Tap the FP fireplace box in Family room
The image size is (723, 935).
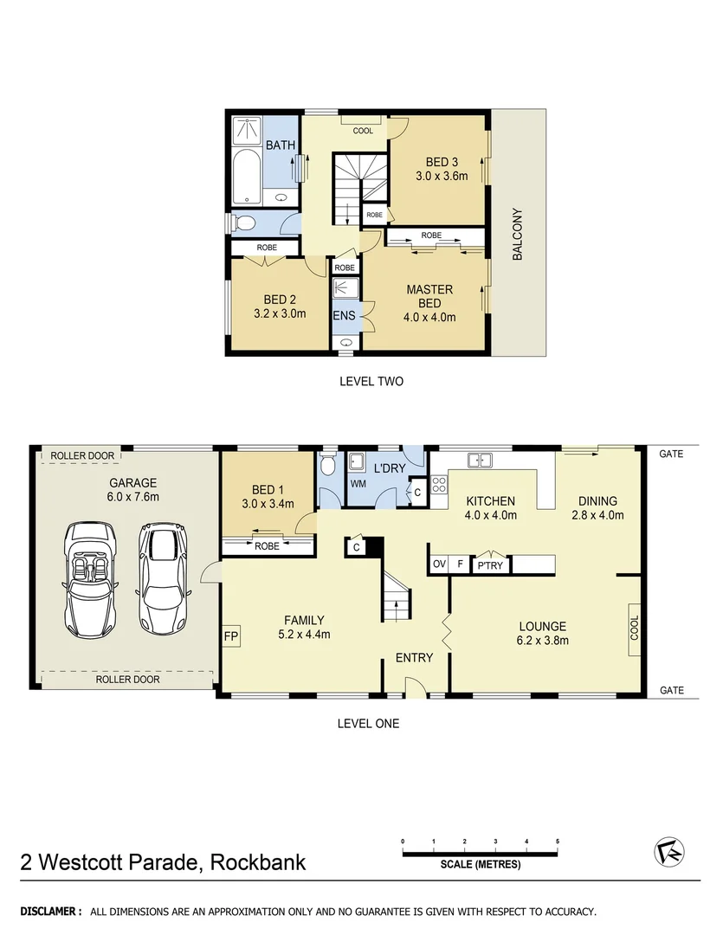231,636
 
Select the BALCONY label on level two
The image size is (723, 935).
519,234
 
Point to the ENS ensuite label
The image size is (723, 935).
344,316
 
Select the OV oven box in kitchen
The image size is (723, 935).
439,564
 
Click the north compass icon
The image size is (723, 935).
668,851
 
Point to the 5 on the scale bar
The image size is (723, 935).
558,841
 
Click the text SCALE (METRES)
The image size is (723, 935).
480,864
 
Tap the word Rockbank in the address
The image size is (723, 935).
257,862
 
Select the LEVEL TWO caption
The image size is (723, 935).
371,381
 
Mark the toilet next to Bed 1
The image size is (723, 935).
327,466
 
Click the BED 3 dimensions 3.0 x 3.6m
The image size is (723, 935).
442,176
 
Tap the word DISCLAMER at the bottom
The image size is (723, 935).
51,912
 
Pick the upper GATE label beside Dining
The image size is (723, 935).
671,453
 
